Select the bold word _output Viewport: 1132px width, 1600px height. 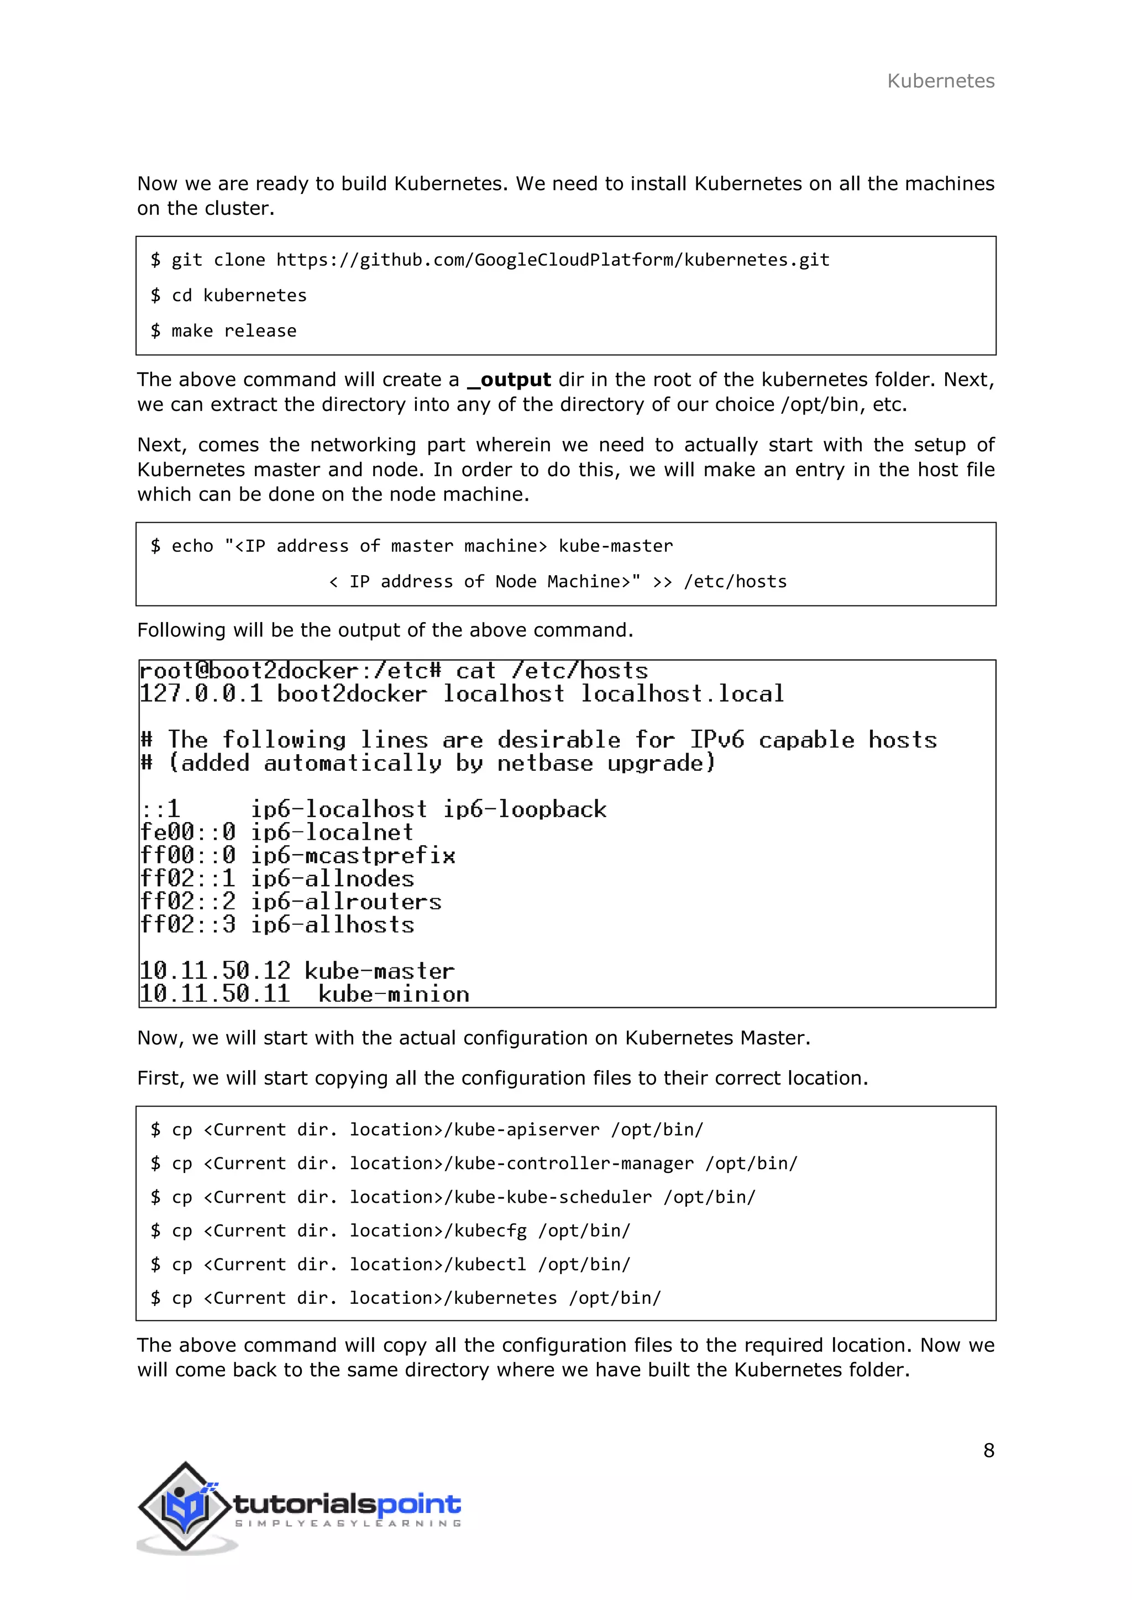click(x=510, y=380)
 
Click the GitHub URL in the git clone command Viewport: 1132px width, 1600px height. click(x=552, y=260)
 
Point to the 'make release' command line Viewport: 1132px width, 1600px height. click(x=224, y=331)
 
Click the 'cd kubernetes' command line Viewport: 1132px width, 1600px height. click(x=229, y=296)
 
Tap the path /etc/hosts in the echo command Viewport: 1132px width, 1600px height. click(x=735, y=582)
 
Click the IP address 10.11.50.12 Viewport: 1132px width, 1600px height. click(x=214, y=971)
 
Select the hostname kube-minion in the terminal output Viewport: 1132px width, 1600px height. click(x=394, y=994)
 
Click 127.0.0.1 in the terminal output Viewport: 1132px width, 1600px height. click(x=201, y=694)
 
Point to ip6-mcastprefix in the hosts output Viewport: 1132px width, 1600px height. click(x=353, y=855)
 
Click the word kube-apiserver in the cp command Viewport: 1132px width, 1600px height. click(x=526, y=1130)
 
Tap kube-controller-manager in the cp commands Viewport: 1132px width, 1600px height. click(x=574, y=1163)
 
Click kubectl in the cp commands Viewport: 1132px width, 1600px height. click(x=490, y=1264)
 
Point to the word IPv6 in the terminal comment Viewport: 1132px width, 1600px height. click(x=716, y=739)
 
